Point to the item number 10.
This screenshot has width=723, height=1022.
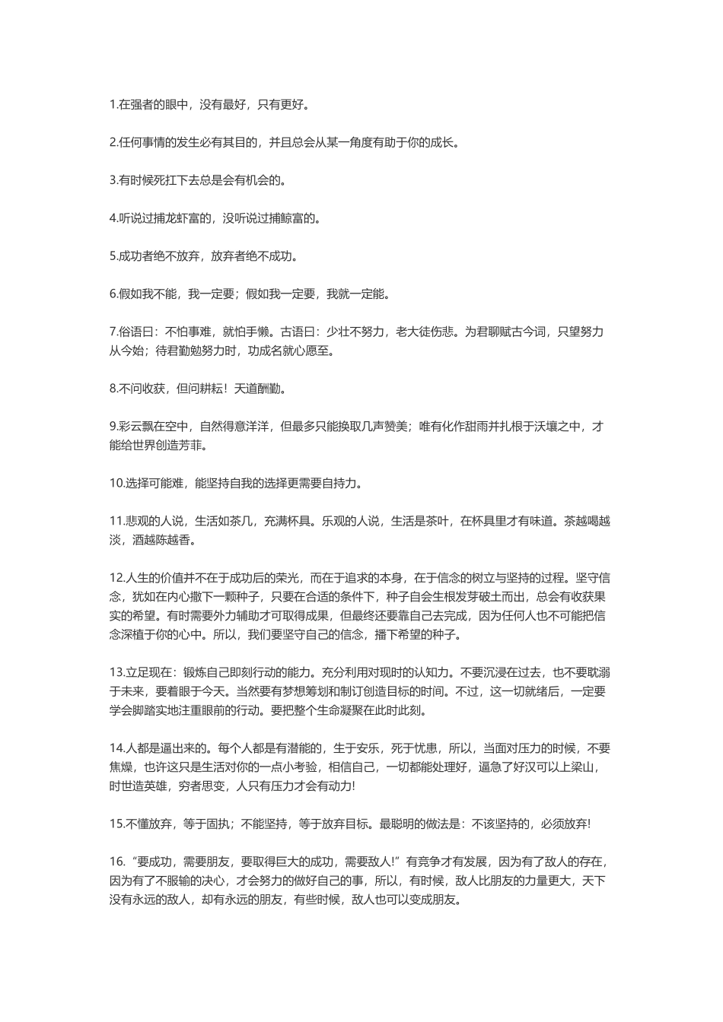(116, 483)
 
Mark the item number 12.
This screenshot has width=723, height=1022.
(116, 577)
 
